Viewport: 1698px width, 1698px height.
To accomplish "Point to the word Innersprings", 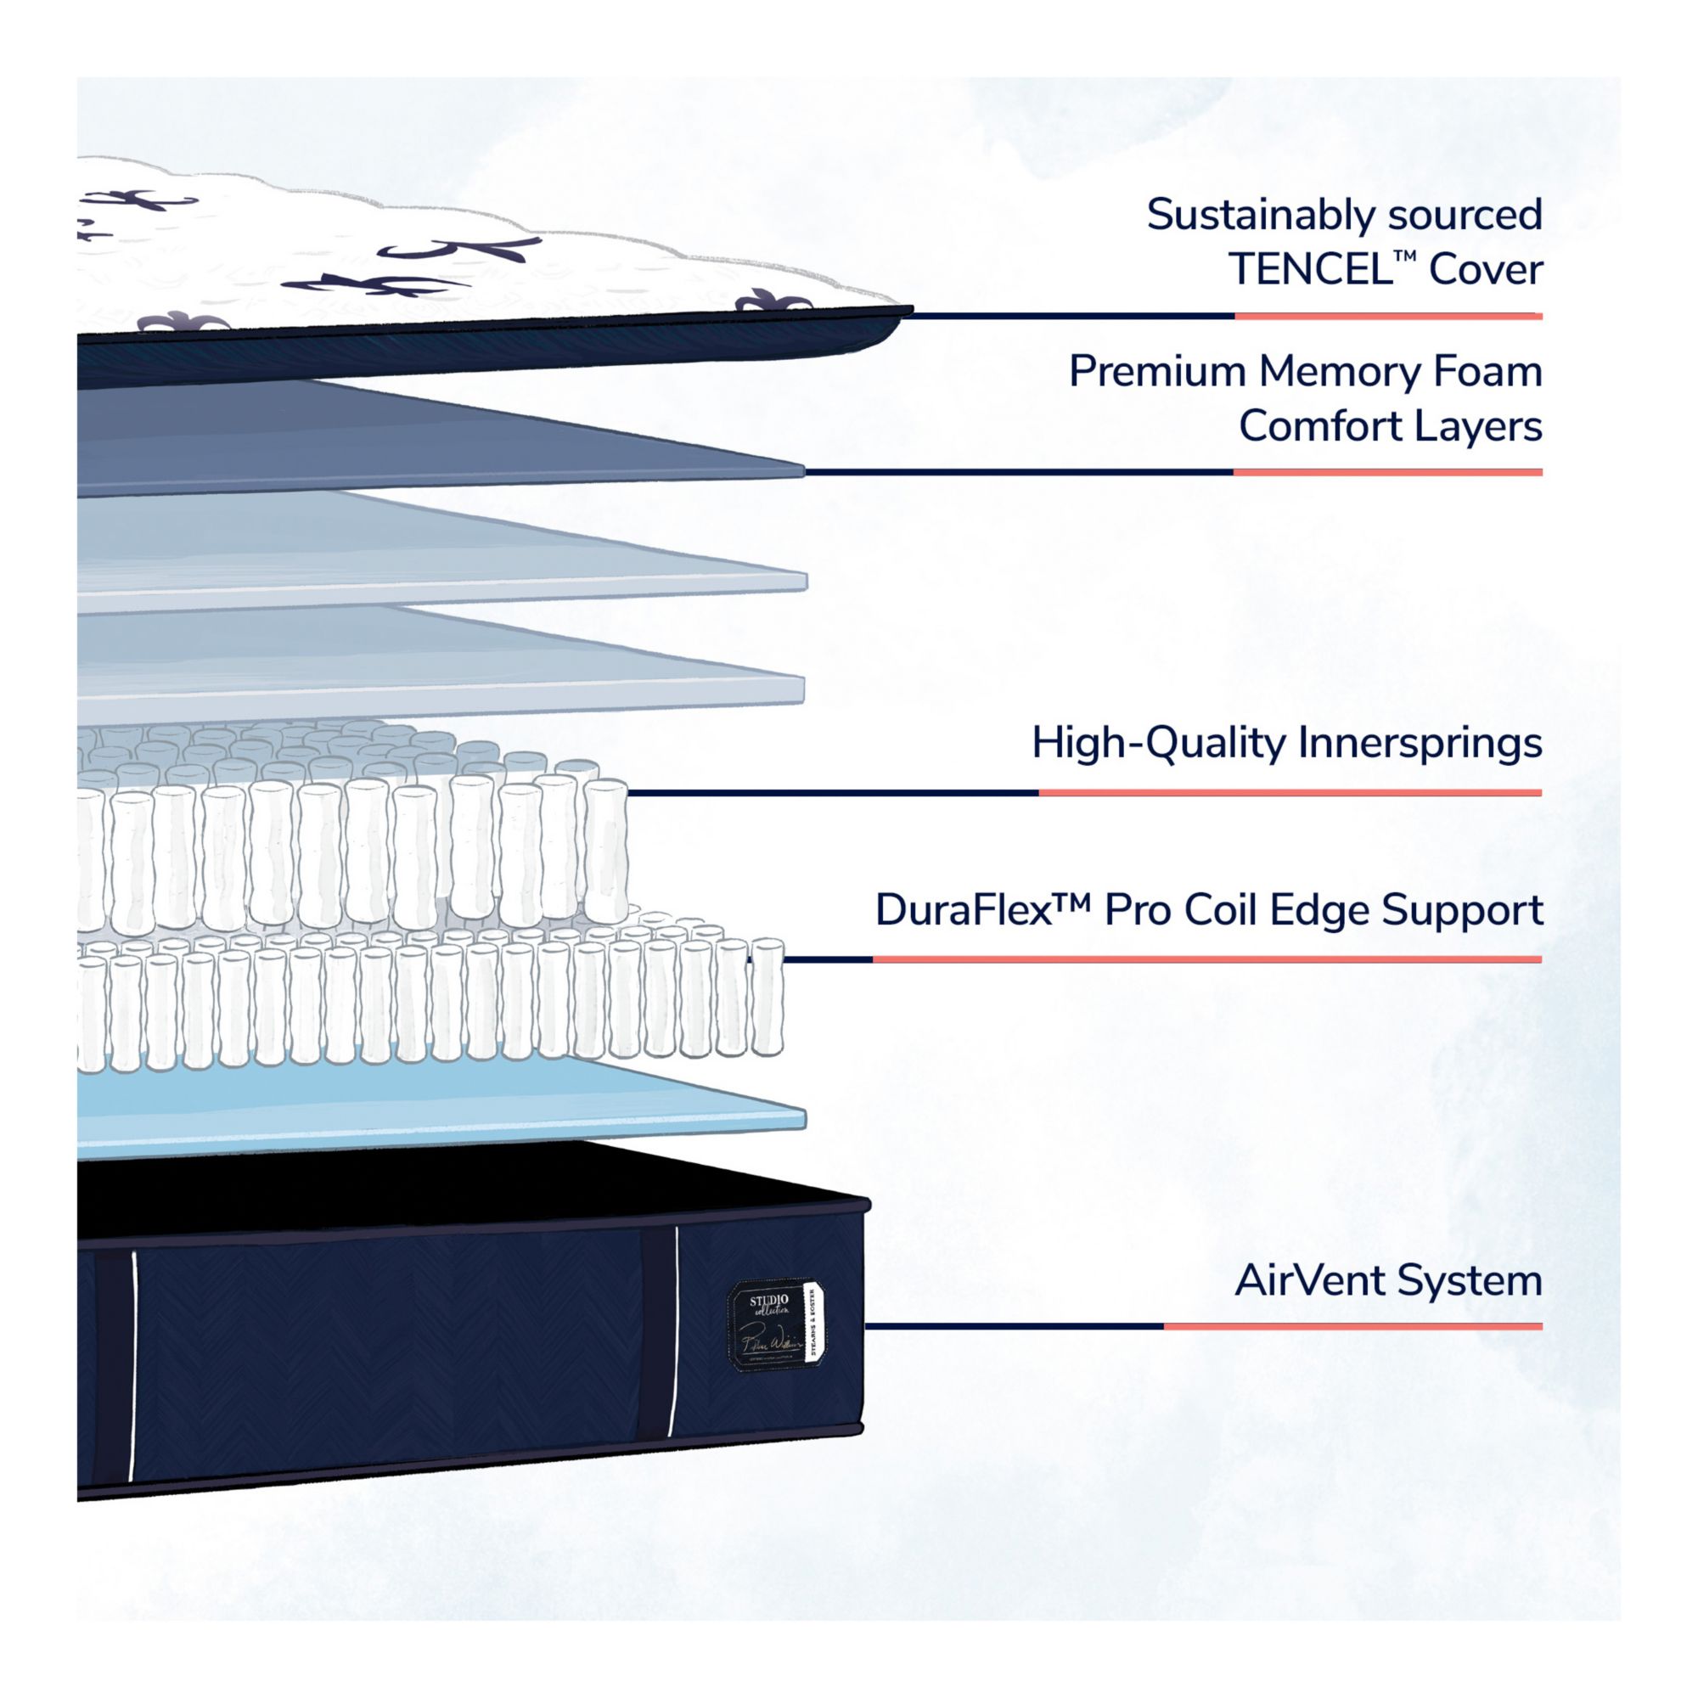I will pos(1420,744).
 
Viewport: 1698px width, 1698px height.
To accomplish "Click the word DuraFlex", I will pos(964,910).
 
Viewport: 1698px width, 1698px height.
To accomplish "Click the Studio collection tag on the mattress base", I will pos(776,1327).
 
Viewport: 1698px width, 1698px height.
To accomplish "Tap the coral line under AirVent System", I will pos(1352,1326).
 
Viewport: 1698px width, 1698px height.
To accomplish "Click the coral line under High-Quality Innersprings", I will pos(1290,793).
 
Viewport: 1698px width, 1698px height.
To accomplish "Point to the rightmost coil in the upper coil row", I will pos(606,848).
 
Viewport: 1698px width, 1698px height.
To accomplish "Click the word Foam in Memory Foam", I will pos(1488,372).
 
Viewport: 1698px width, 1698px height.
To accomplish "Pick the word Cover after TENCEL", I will pos(1485,270).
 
